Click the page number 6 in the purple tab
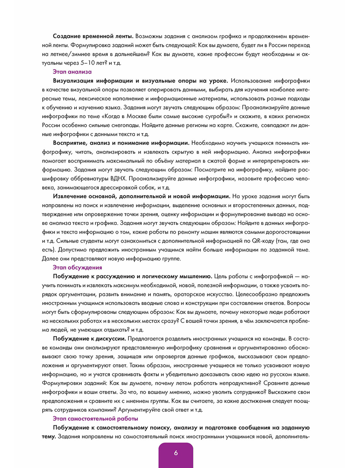point(176,453)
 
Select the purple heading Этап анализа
point(72,72)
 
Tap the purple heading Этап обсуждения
point(77,267)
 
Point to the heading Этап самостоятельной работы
point(95,419)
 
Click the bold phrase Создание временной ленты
point(93,36)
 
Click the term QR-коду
point(262,241)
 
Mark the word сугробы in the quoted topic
point(211,116)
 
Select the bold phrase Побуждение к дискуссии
point(89,338)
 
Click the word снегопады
point(123,125)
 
